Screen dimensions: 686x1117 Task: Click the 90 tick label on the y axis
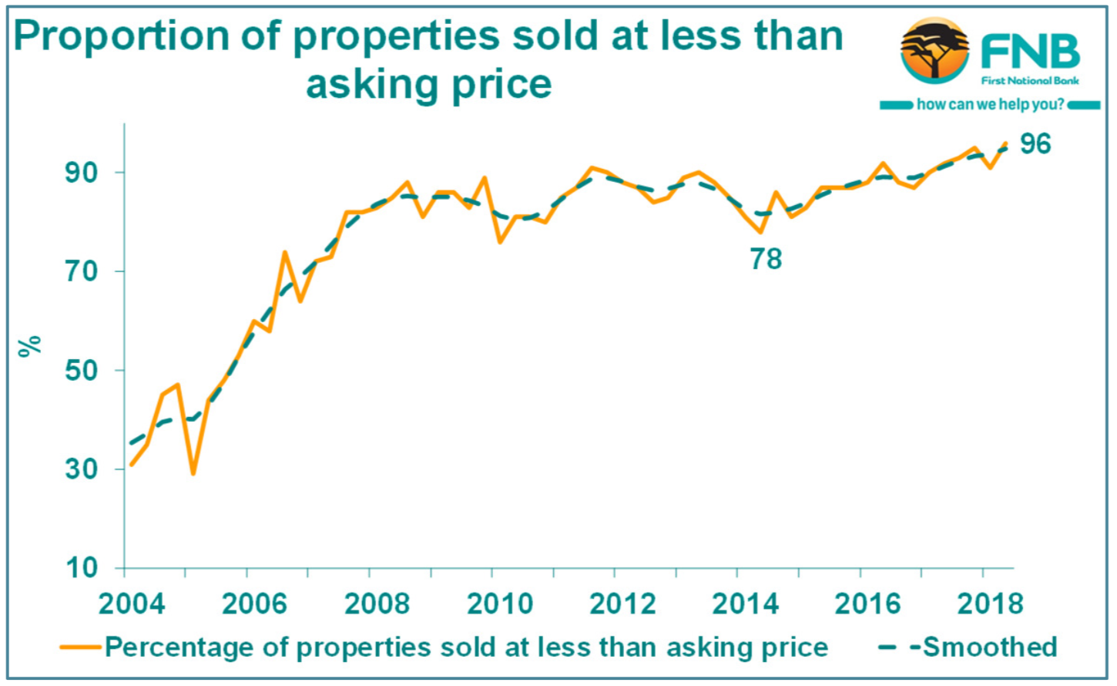click(x=82, y=173)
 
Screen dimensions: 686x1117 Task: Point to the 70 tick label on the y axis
click(x=82, y=271)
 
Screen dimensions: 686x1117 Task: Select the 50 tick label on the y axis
click(x=82, y=370)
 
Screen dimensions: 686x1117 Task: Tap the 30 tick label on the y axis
click(x=82, y=469)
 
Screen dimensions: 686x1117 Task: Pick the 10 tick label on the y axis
click(x=82, y=568)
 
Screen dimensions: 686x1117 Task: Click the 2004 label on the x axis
click(x=132, y=604)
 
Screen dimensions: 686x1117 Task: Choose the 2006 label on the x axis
click(x=254, y=604)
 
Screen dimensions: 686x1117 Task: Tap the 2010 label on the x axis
click(x=500, y=604)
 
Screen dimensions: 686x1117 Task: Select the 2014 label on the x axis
click(x=745, y=604)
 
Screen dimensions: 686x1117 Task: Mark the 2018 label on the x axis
click(x=990, y=604)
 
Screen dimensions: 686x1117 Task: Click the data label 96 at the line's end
click(x=1035, y=144)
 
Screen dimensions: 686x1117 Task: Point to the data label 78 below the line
click(x=766, y=260)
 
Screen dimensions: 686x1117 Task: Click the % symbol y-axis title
click(x=30, y=346)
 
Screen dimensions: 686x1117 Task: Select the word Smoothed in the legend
click(x=990, y=647)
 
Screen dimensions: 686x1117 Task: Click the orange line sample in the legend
click(x=80, y=647)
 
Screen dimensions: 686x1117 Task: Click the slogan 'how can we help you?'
click(x=990, y=104)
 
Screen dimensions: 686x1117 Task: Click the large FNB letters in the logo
click(x=1030, y=52)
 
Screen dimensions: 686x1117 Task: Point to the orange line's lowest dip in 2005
click(x=193, y=473)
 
